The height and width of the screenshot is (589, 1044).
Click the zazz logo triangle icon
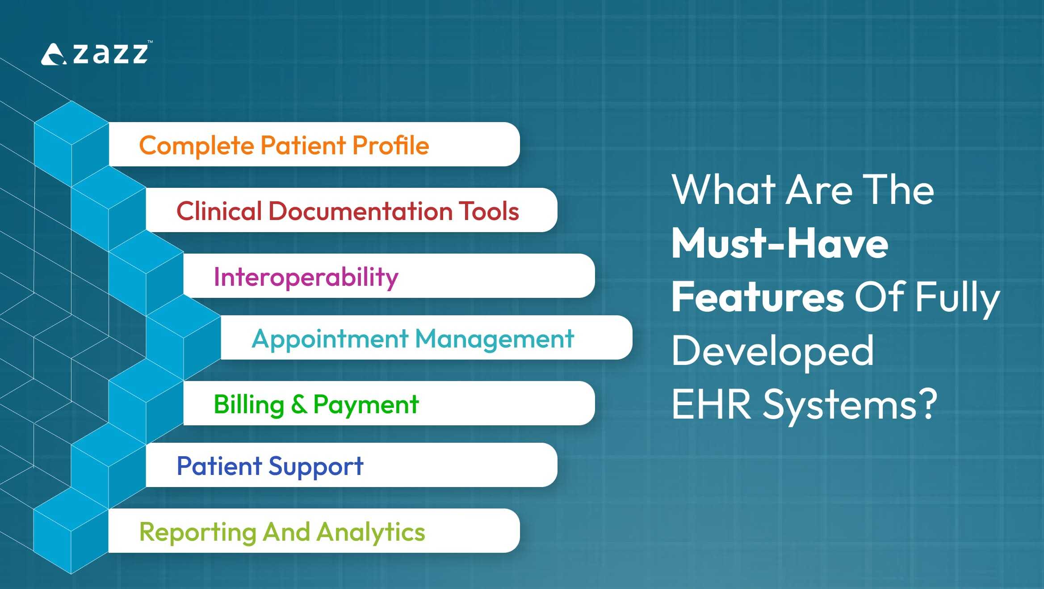[x=53, y=55]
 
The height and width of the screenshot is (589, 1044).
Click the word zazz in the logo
[x=110, y=54]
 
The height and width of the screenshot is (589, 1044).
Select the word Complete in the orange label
[x=197, y=146]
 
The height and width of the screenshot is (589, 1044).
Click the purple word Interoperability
[x=306, y=277]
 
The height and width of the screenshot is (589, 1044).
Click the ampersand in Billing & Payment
[x=299, y=404]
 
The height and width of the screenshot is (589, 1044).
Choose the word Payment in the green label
[x=366, y=405]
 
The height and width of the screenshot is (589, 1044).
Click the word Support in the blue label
[x=316, y=467]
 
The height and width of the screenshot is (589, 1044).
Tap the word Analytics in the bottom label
[x=371, y=532]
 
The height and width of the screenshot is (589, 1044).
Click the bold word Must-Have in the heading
[x=780, y=244]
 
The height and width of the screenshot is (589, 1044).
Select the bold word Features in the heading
[x=758, y=297]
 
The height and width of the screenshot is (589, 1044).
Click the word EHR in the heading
[x=711, y=405]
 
